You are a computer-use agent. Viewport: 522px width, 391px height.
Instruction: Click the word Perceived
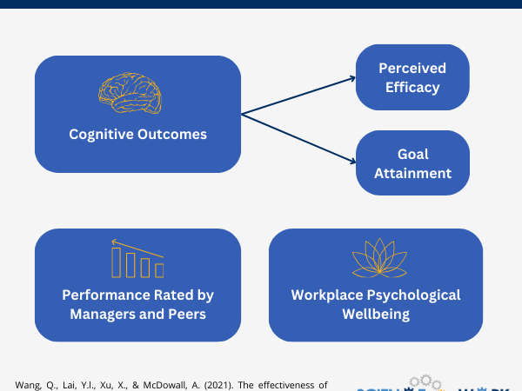pyautogui.click(x=412, y=68)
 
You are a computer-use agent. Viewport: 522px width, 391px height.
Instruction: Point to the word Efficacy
pyautogui.click(x=412, y=87)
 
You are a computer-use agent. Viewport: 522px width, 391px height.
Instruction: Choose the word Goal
pyautogui.click(x=412, y=154)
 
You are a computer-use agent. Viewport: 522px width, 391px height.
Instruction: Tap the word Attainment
pyautogui.click(x=412, y=173)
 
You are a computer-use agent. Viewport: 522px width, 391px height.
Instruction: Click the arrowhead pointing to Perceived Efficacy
pyautogui.click(x=352, y=77)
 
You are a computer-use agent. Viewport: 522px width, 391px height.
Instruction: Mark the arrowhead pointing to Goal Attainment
pyautogui.click(x=352, y=162)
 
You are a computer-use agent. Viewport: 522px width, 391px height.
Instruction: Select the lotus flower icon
pyautogui.click(x=376, y=257)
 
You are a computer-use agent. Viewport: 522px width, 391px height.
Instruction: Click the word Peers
pyautogui.click(x=186, y=314)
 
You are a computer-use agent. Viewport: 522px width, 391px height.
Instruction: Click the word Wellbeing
pyautogui.click(x=376, y=314)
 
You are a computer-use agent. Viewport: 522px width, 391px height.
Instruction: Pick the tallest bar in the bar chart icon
pyautogui.click(x=117, y=261)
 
